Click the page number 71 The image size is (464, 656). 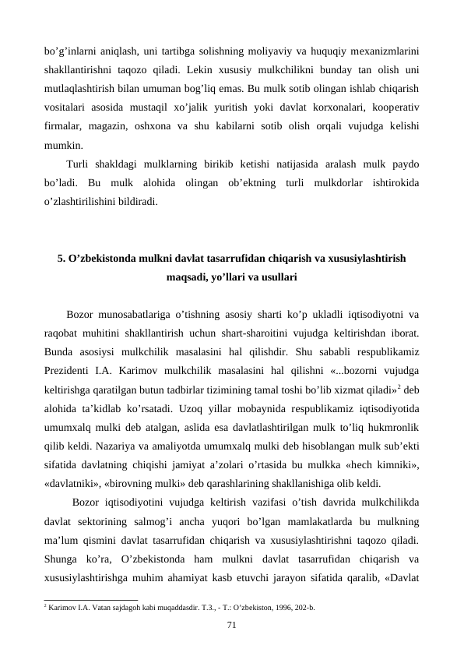[231, 624]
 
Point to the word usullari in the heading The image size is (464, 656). [275, 276]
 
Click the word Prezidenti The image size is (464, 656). [69, 364]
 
